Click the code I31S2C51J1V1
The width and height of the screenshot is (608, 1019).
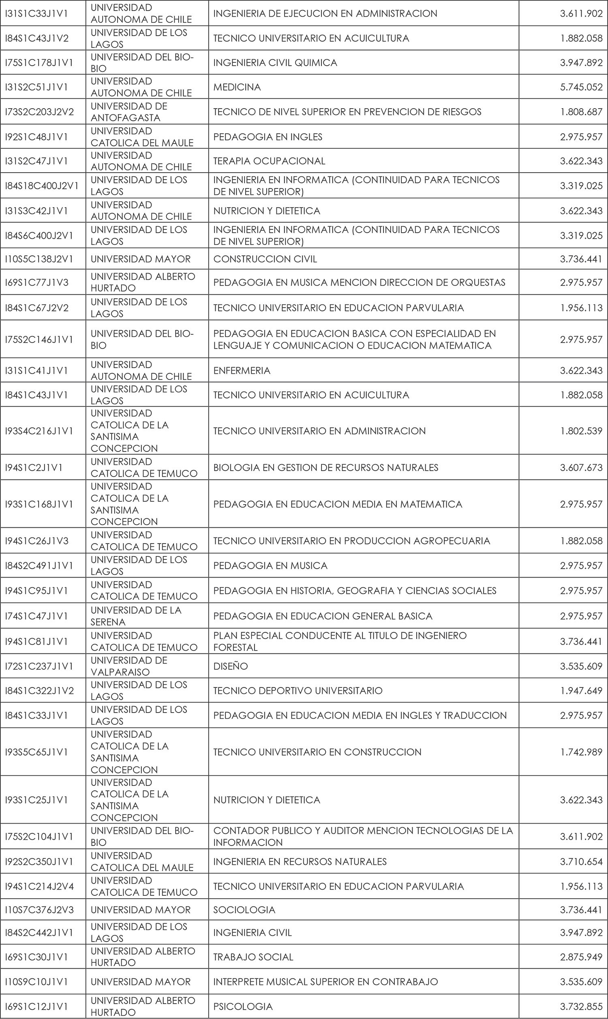(x=36, y=87)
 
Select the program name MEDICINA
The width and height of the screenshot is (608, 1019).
(x=237, y=87)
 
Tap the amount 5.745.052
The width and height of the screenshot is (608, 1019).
(x=581, y=87)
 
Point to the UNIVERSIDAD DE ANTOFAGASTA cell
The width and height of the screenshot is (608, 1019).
(x=128, y=112)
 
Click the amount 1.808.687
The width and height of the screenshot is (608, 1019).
(x=581, y=112)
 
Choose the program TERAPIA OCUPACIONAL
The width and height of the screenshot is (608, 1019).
(x=269, y=161)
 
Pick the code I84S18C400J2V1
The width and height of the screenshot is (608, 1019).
(x=41, y=186)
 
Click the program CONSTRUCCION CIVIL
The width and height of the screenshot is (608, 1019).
(x=265, y=259)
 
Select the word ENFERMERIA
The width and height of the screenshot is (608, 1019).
(x=242, y=370)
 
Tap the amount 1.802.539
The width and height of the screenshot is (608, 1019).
(x=581, y=431)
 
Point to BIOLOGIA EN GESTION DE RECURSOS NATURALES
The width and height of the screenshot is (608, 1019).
(x=325, y=467)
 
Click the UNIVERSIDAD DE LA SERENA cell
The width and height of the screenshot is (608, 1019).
(x=136, y=616)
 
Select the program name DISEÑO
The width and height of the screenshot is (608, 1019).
(x=230, y=666)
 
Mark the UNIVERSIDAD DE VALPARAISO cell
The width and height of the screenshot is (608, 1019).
(x=128, y=666)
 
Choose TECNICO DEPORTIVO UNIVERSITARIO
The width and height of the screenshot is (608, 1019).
(x=298, y=691)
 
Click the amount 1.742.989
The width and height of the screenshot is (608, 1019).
(x=581, y=752)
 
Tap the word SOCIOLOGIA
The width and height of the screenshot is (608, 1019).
(x=244, y=910)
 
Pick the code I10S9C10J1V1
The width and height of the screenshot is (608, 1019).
(x=36, y=982)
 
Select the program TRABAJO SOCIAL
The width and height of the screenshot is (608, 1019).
(x=253, y=957)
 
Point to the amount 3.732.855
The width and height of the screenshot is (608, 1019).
(x=581, y=1006)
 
